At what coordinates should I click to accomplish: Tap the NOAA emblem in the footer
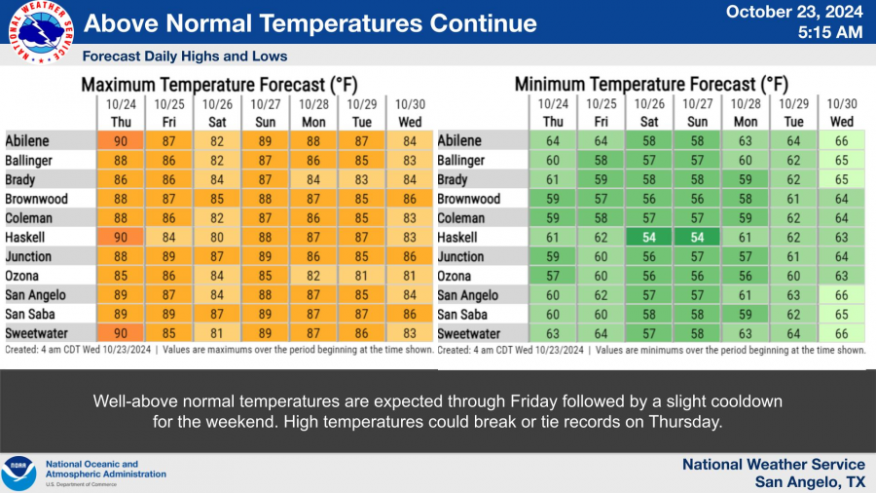click(x=18, y=474)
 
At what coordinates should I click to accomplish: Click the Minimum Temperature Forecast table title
click(x=651, y=85)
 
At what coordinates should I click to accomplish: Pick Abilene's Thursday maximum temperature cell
click(x=122, y=141)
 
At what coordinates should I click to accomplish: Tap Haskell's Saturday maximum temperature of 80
click(x=215, y=238)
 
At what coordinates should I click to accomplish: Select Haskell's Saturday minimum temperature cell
click(x=649, y=238)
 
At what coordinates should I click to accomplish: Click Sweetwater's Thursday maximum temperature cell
click(x=122, y=333)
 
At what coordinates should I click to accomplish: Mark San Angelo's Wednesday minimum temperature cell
click(x=842, y=295)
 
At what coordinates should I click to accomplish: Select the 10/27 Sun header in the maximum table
click(x=266, y=112)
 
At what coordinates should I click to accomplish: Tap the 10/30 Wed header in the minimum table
click(x=842, y=112)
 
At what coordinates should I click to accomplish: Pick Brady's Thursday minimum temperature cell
click(x=554, y=180)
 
